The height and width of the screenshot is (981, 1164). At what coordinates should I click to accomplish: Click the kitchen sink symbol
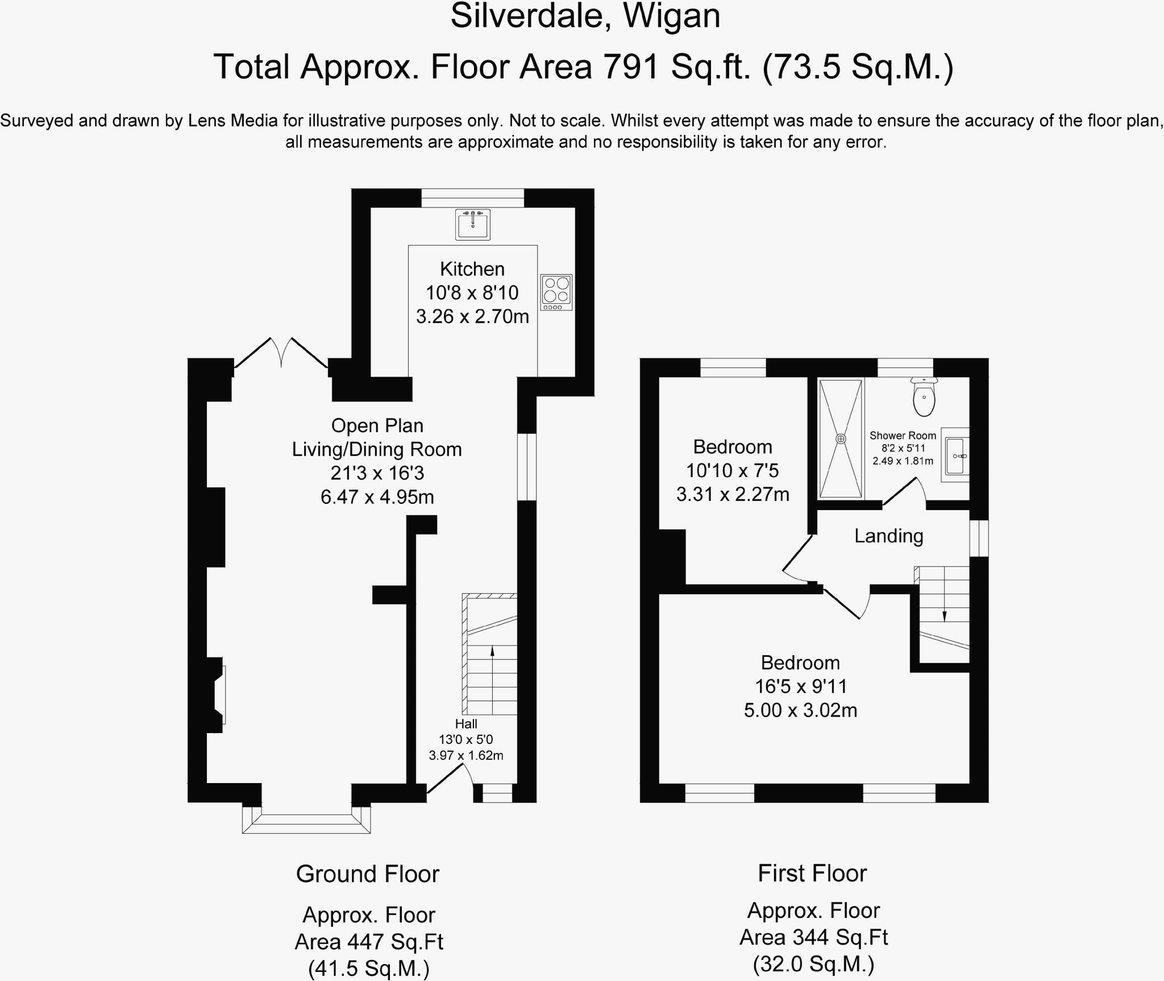click(x=472, y=224)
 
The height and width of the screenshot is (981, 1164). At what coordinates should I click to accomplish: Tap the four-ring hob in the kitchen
click(x=556, y=292)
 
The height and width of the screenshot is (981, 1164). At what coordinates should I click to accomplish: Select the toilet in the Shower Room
click(x=924, y=397)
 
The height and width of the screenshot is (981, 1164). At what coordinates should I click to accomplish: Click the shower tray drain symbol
click(x=841, y=439)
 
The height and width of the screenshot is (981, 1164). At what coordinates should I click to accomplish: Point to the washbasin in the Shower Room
click(x=955, y=455)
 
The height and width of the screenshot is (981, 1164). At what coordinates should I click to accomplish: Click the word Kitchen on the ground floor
click(x=472, y=269)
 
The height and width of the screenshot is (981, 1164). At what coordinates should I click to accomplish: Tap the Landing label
click(x=889, y=536)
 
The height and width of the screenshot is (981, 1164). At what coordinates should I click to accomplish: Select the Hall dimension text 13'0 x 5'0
click(x=466, y=739)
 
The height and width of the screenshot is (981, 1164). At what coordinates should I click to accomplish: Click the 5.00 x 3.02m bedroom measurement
click(x=801, y=710)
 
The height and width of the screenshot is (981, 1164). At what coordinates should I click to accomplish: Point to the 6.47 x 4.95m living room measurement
click(x=377, y=497)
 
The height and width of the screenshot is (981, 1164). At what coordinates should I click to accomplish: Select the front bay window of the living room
click(x=306, y=819)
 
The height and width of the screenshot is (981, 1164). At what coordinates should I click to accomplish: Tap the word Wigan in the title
click(x=672, y=16)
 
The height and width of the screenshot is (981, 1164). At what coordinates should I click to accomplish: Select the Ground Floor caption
click(x=368, y=874)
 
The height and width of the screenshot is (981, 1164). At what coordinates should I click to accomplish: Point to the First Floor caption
click(x=812, y=873)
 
